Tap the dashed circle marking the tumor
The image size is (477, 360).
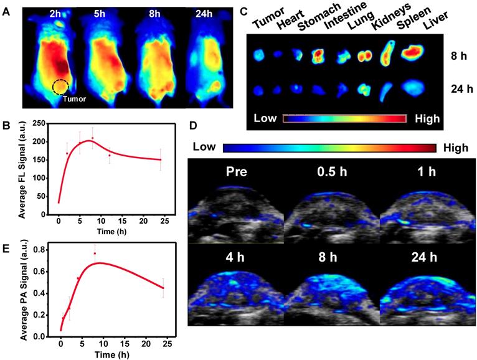(x=60, y=87)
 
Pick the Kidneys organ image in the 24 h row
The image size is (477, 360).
(x=366, y=89)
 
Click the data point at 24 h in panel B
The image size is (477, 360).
(x=160, y=159)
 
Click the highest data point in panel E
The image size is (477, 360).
(x=95, y=253)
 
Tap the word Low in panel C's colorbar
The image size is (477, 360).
(x=267, y=118)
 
